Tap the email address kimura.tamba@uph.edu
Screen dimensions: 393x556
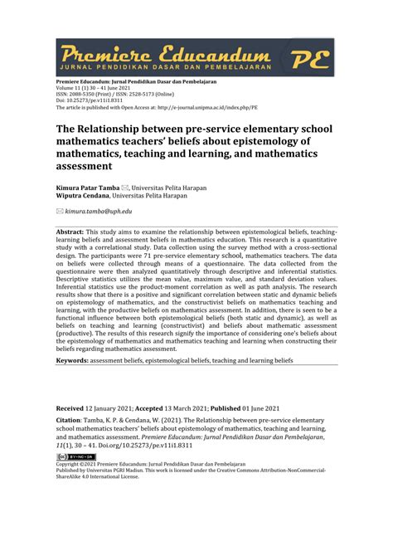point(99,212)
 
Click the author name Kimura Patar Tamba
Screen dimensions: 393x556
point(87,188)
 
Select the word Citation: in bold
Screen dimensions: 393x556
point(72,422)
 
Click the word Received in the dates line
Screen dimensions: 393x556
point(70,409)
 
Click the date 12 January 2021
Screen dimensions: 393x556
point(113,409)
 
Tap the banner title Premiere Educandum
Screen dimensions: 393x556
point(166,51)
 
